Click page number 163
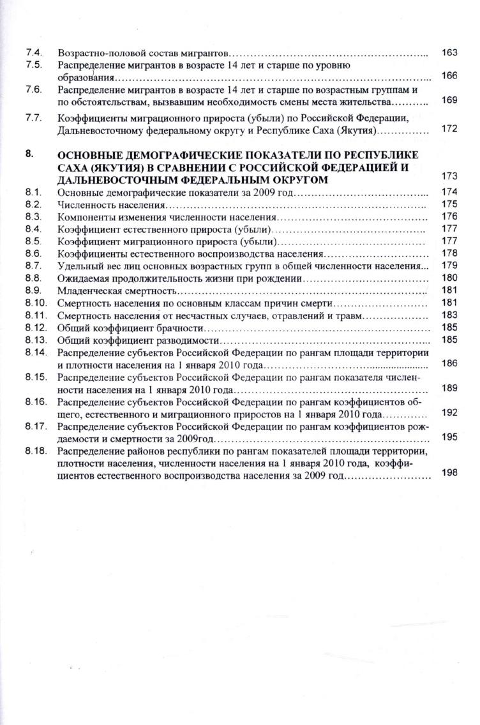coord(449,53)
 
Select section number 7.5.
coord(34,65)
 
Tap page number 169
coord(449,101)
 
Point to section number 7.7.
coord(34,118)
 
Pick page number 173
coord(449,176)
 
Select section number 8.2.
coord(34,205)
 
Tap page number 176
coord(449,217)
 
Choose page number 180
coord(449,278)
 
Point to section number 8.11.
coord(36,315)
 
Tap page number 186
coord(449,363)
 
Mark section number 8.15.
coord(36,377)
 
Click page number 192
coord(449,413)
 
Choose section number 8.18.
coord(36,451)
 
